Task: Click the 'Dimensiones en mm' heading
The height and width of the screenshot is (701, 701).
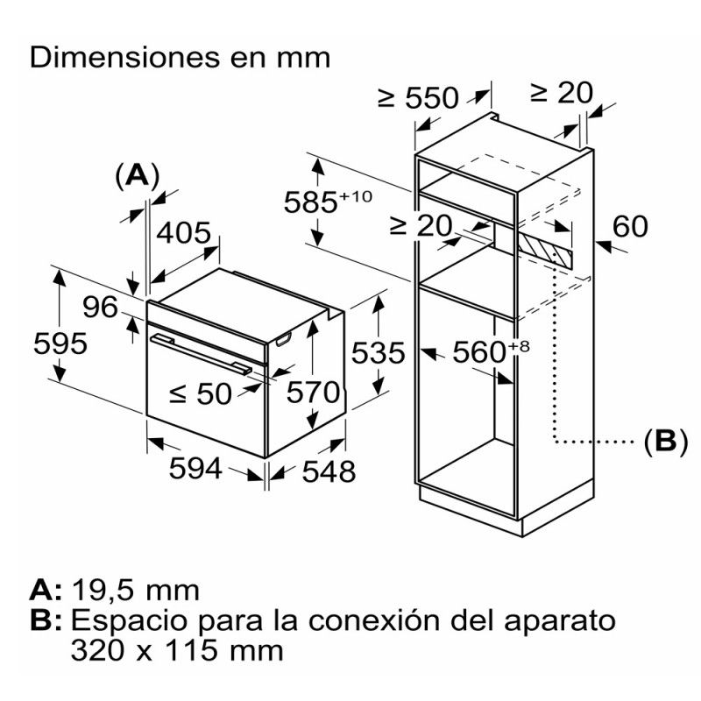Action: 181,58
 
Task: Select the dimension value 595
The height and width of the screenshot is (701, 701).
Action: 60,343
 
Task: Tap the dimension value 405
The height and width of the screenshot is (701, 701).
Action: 184,234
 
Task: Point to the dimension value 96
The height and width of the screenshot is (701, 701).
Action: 100,308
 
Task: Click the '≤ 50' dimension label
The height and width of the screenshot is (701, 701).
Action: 200,394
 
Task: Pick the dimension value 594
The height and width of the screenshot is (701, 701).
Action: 195,469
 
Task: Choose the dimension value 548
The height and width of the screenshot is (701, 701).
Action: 329,471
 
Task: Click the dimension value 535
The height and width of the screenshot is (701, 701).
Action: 378,353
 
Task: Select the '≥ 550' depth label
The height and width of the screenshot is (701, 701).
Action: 418,97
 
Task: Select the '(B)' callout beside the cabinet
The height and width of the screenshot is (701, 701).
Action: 661,441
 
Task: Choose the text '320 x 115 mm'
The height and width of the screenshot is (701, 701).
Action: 177,650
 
